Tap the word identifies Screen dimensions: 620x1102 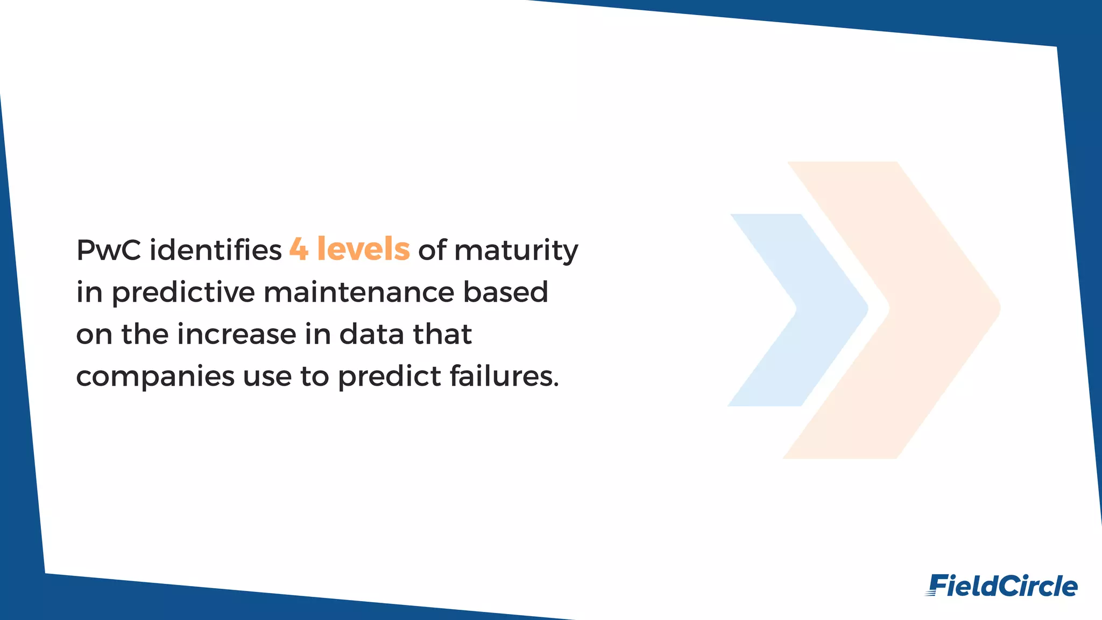point(215,250)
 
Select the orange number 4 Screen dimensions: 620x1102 point(299,249)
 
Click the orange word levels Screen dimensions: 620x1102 point(363,249)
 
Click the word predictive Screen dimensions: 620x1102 point(183,293)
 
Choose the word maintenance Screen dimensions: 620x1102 point(359,292)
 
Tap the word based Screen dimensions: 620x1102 point(506,292)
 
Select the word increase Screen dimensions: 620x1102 point(236,335)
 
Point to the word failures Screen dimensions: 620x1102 point(504,376)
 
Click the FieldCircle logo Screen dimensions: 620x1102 point(1001,586)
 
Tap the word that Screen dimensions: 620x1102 point(442,335)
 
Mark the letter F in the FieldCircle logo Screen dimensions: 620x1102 point(938,586)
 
